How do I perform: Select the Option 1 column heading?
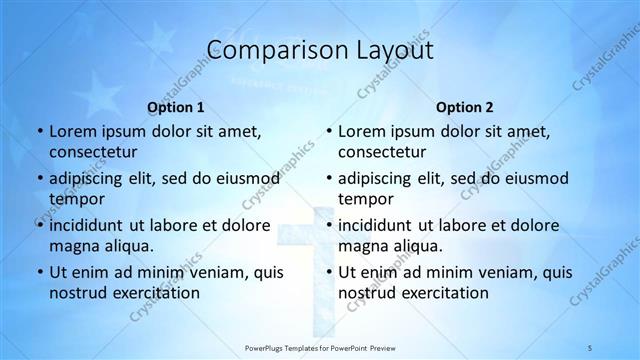point(176,106)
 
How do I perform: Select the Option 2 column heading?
point(465,106)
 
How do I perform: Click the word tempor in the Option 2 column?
point(363,198)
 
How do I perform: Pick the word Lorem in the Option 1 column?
point(73,131)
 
